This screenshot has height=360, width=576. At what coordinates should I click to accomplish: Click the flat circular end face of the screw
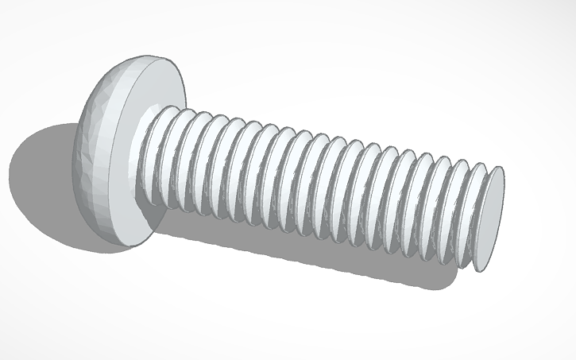(491, 219)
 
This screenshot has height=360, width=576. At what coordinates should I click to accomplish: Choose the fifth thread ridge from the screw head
(222, 170)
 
